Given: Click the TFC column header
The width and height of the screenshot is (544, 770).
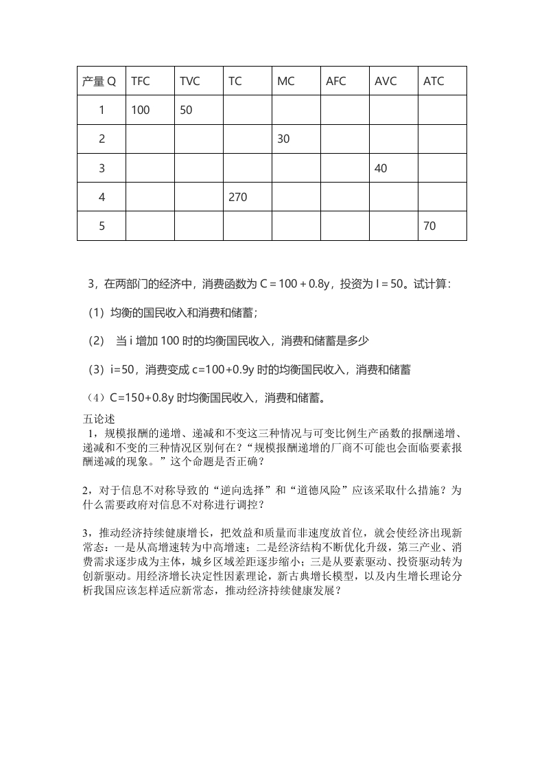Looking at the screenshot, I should click(140, 81).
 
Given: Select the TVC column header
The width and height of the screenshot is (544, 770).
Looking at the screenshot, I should click(189, 81).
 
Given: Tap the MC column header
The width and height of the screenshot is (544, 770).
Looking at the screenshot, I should click(285, 81).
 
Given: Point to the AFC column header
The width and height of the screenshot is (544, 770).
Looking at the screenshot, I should click(335, 81).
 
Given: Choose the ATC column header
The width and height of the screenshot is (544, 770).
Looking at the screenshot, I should click(434, 81).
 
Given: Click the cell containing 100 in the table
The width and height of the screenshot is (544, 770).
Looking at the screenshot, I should click(140, 110).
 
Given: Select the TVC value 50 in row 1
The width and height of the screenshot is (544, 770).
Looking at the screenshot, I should click(186, 110).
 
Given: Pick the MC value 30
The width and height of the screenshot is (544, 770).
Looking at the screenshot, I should click(283, 139).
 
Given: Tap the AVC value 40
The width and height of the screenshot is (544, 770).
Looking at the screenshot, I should click(381, 168).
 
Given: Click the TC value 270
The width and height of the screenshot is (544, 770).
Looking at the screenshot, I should click(237, 197).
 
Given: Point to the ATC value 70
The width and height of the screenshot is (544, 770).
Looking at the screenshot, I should click(429, 226).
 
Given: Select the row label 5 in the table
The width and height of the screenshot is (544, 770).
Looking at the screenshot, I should click(102, 226).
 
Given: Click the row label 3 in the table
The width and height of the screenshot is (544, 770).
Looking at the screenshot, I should click(102, 168).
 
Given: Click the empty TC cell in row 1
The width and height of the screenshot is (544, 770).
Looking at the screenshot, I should click(248, 110).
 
